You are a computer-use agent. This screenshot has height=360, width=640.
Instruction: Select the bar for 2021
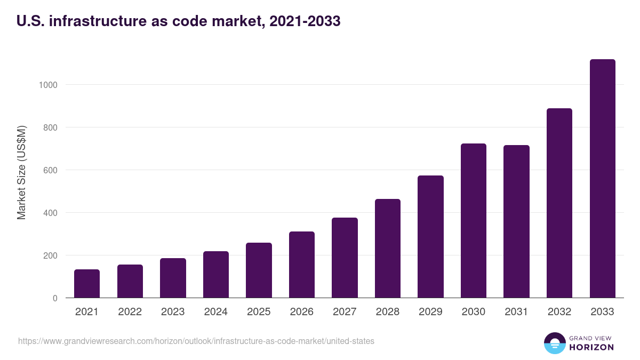[x=87, y=284]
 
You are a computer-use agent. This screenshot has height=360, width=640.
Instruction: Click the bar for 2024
[x=216, y=275]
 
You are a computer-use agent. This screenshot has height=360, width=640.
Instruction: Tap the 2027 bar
[x=345, y=258]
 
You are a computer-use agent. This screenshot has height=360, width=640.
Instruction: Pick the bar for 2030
[x=474, y=221]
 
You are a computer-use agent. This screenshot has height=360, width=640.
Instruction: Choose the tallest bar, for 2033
[x=602, y=179]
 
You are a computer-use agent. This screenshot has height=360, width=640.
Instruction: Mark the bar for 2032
[x=559, y=203]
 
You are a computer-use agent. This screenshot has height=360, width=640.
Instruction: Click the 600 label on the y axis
[x=50, y=170]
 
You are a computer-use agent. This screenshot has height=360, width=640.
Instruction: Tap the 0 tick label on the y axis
[x=55, y=298]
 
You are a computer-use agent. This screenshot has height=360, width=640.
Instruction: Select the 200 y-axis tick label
[x=50, y=255]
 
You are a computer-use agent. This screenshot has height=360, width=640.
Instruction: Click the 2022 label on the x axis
[x=130, y=312]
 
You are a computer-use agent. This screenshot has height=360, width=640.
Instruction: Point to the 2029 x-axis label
[x=430, y=312]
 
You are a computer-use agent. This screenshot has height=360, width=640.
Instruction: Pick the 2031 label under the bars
[x=516, y=312]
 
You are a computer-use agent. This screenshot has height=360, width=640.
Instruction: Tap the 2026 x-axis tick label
[x=302, y=312]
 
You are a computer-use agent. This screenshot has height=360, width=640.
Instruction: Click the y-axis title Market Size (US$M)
[x=21, y=172]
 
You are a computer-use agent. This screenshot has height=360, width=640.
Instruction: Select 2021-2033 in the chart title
[x=305, y=22]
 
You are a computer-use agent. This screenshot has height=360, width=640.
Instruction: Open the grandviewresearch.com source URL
[x=196, y=341]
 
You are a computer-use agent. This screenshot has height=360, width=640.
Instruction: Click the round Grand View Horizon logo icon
[x=555, y=343]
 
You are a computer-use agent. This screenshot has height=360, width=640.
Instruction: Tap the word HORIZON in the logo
[x=592, y=347]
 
